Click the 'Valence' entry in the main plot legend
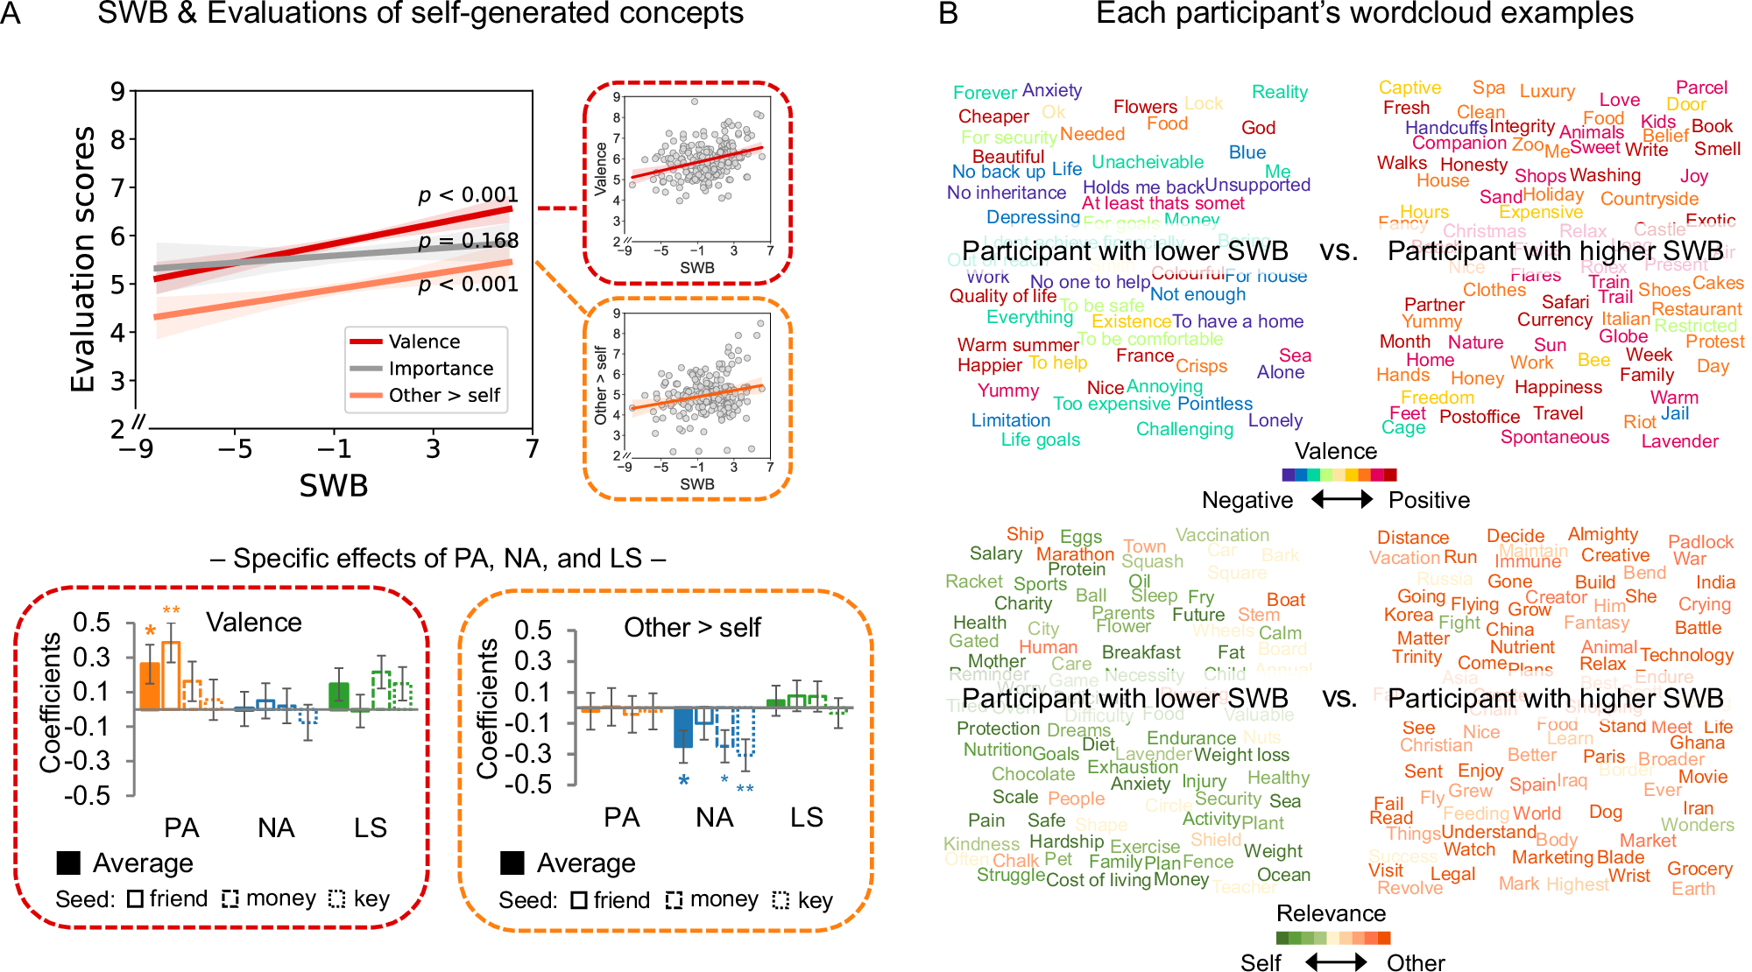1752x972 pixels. pos(424,342)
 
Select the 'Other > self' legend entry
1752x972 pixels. pos(444,396)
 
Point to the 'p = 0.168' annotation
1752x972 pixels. pos(469,241)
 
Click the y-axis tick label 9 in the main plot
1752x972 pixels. pos(117,91)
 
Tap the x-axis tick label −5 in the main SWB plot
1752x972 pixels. pos(234,449)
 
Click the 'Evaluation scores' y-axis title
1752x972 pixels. pos(83,259)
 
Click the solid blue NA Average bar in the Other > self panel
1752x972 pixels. pos(683,727)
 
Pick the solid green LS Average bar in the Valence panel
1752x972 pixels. pos(339,695)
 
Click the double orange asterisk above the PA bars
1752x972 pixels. pos(171,611)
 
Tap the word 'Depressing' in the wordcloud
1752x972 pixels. pos(1033,217)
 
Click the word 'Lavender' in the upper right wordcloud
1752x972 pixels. pos(1679,441)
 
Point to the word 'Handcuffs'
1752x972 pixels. pos(1445,128)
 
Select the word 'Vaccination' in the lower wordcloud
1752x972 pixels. pos(1222,535)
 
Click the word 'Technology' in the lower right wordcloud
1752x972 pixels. pos(1686,655)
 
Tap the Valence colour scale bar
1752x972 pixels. pos(1339,475)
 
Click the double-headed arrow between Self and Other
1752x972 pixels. pos(1335,962)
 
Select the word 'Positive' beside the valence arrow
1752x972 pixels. pos(1429,500)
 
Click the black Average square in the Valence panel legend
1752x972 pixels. pos(68,863)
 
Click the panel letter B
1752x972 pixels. pos(948,14)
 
